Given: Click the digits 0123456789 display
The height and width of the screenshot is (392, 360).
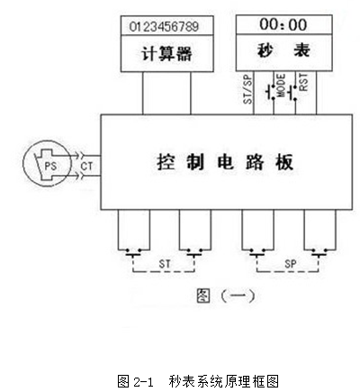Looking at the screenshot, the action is click(164, 26).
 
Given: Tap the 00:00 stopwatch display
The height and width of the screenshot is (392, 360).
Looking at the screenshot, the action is click(283, 24).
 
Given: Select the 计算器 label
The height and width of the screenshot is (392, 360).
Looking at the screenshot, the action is click(166, 54).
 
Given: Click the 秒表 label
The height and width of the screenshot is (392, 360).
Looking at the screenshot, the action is click(283, 50).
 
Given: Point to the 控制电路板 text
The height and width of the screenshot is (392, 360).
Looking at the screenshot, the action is click(225, 162).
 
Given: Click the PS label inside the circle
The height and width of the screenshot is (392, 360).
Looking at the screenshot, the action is click(50, 166).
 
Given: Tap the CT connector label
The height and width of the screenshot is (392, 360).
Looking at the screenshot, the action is click(86, 166).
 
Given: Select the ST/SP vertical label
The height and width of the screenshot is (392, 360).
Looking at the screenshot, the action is click(248, 89).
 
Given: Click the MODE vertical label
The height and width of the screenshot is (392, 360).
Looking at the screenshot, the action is click(282, 86).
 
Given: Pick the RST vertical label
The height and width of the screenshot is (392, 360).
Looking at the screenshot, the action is click(303, 82).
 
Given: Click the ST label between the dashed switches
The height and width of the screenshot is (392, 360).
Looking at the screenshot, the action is click(165, 264).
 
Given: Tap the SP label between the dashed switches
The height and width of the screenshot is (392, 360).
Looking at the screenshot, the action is click(290, 264).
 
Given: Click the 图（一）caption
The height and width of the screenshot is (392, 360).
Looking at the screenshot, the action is click(226, 296).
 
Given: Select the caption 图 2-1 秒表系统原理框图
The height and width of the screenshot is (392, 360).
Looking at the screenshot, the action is click(198, 381).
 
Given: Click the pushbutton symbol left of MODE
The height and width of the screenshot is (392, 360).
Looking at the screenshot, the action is click(270, 92).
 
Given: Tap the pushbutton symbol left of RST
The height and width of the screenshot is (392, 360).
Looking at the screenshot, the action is click(292, 93).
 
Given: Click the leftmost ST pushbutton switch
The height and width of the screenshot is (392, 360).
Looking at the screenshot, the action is click(133, 252).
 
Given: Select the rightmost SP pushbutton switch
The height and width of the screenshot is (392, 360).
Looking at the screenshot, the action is click(319, 252).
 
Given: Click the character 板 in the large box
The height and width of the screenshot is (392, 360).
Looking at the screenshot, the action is click(284, 162).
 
